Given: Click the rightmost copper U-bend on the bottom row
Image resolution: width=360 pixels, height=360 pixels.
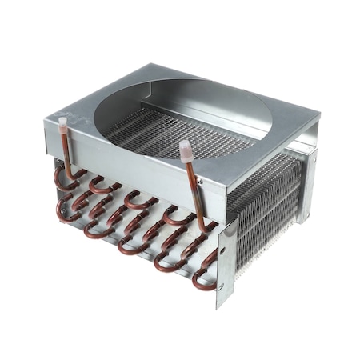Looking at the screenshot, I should [202, 280].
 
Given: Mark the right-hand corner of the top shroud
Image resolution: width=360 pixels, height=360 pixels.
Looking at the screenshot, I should [318, 120].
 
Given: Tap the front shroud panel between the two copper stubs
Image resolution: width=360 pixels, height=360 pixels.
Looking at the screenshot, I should [128, 160].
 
